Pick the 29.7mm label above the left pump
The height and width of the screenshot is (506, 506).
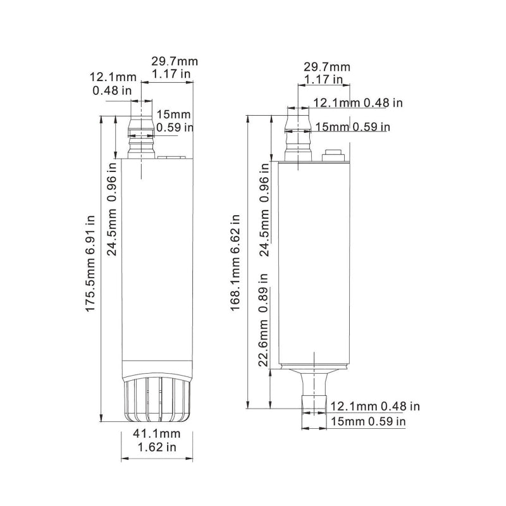coord(174,61)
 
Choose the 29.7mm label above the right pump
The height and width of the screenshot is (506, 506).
coord(326,66)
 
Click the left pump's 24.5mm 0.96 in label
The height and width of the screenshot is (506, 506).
coord(112,207)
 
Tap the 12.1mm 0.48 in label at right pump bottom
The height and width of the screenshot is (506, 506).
coord(375,406)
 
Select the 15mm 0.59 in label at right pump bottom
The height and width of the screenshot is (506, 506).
coord(366,421)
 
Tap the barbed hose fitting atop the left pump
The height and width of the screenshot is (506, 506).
coord(142,135)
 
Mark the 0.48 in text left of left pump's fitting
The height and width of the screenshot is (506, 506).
coord(113,90)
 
